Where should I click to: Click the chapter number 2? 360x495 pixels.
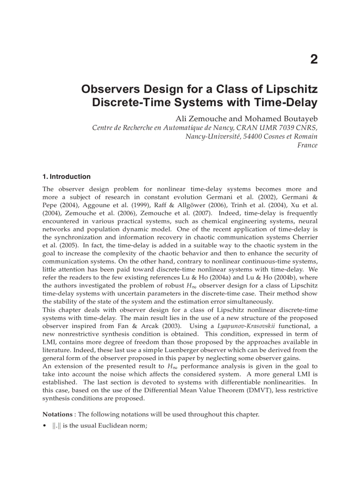[313, 60]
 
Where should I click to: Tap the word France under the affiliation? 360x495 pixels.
[307, 145]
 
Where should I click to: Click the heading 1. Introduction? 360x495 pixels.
[67, 177]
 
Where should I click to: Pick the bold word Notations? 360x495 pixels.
[57, 414]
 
